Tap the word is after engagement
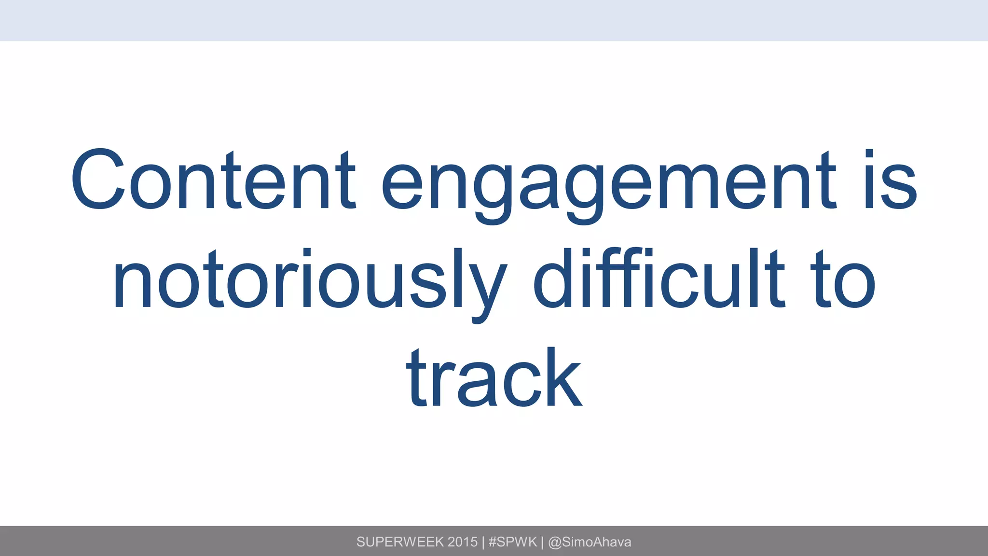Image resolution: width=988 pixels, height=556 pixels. (890, 181)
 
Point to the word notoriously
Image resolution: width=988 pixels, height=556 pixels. (309, 282)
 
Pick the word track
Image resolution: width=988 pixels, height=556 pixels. (494, 379)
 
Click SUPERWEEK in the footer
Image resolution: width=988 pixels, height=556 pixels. (400, 542)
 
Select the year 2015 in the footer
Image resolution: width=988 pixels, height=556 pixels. (462, 542)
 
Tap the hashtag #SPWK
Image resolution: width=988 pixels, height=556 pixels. (512, 542)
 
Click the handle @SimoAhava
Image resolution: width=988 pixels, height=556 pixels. (590, 542)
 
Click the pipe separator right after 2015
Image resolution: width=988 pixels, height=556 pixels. (483, 542)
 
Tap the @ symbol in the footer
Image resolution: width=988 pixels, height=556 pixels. (555, 542)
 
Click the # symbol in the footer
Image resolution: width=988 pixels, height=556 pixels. (493, 542)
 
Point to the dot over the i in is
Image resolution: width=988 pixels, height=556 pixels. (869, 154)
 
